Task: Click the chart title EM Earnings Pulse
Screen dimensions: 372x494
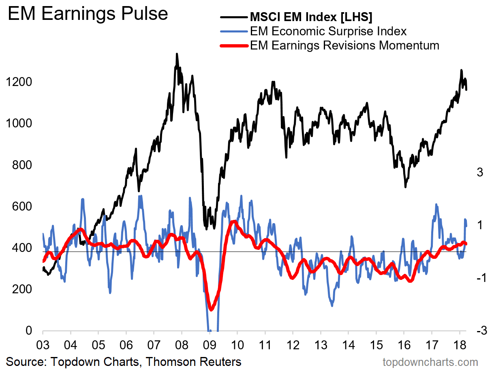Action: [88, 14]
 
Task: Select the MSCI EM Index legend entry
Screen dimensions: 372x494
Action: [311, 17]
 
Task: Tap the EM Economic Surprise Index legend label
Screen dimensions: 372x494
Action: [328, 31]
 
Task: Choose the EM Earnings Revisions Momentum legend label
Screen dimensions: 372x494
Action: [344, 45]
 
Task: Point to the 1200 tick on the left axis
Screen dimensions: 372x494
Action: [19, 82]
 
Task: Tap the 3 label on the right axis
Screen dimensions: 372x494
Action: [480, 172]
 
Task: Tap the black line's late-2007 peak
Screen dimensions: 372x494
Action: [177, 54]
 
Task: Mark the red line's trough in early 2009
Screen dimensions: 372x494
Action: [211, 309]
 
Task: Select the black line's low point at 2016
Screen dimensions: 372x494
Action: [405, 187]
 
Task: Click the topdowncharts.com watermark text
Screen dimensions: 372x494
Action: [430, 362]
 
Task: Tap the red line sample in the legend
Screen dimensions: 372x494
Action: [233, 45]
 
